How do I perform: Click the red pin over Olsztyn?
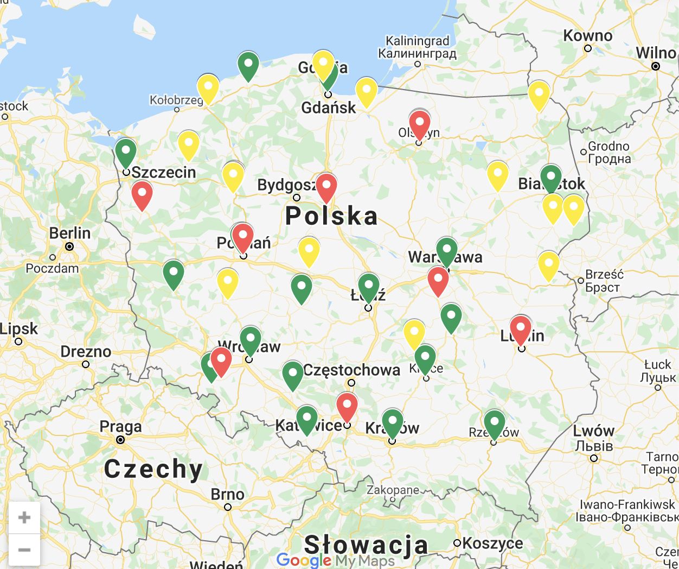[419, 123]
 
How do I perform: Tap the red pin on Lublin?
[521, 328]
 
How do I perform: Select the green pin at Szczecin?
[126, 151]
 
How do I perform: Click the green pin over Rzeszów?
[494, 422]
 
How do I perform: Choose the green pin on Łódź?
[368, 286]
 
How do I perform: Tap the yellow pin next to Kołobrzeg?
[208, 87]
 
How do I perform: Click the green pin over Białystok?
[551, 177]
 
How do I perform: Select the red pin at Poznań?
[242, 236]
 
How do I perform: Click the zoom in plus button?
[24, 517]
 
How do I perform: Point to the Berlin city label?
[69, 233]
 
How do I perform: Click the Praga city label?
[120, 427]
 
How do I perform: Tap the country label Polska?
[331, 216]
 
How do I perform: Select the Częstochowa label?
[351, 370]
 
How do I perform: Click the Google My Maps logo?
[335, 560]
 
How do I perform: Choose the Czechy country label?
[153, 469]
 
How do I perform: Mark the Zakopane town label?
[393, 490]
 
